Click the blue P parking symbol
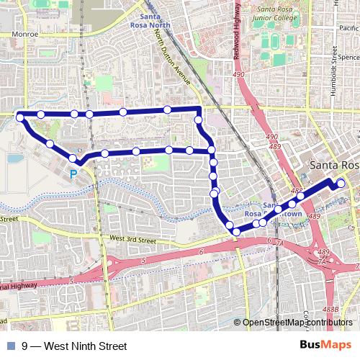pos(73,174)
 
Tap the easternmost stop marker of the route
pos(341,184)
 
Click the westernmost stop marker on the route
pos(20,116)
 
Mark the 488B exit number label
pos(330,309)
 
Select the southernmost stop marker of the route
pos(235,231)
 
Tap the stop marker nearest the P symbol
pos(73,158)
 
